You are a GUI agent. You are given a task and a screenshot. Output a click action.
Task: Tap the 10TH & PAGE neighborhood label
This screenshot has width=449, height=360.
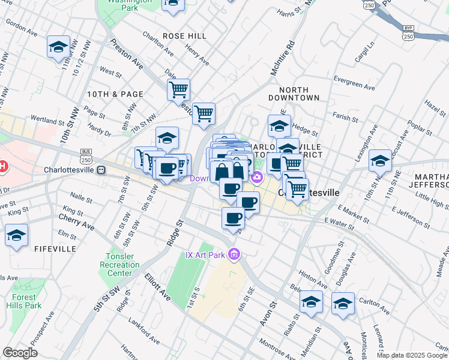pos(115,94)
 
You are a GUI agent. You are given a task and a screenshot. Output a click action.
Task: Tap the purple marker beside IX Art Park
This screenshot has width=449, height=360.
pos(234,255)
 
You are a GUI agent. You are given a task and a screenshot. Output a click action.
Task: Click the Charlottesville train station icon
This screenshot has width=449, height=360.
pos(101,170)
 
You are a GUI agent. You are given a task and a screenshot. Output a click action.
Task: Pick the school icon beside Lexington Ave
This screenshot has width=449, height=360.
pos(381,160)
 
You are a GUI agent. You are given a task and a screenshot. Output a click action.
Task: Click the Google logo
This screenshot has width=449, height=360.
pos(20,353)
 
